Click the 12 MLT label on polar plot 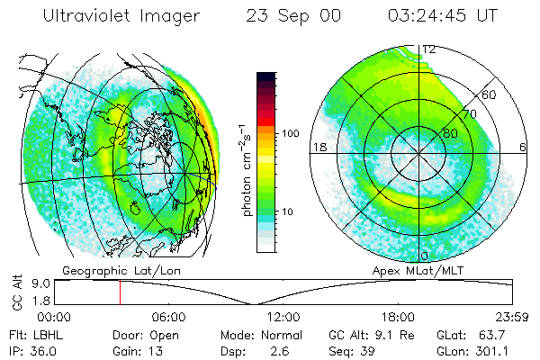click(x=429, y=49)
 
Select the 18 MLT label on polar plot click(x=318, y=147)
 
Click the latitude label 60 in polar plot click(x=490, y=94)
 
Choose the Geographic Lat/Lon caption click(x=105, y=270)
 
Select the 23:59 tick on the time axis click(x=512, y=317)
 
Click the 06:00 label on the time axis click(x=168, y=317)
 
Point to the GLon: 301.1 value click(x=487, y=349)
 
